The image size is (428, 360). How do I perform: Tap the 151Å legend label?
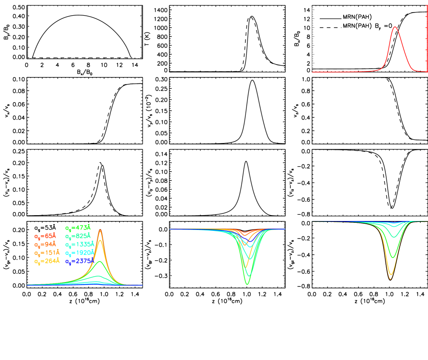(x=47, y=252)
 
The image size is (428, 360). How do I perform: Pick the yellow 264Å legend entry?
(x=47, y=261)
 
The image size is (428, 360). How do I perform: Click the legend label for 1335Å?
(x=80, y=244)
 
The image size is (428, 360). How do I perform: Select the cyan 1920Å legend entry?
(x=80, y=252)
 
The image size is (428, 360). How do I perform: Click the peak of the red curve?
(x=395, y=27)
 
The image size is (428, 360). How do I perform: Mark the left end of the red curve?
(x=313, y=72)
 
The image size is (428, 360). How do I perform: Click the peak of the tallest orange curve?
(x=100, y=230)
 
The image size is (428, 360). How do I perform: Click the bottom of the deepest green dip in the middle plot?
(x=247, y=284)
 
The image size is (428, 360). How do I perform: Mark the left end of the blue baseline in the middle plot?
(x=170, y=229)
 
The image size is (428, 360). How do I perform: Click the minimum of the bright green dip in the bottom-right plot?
(x=393, y=257)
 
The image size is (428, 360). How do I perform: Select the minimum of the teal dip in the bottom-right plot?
(x=394, y=237)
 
